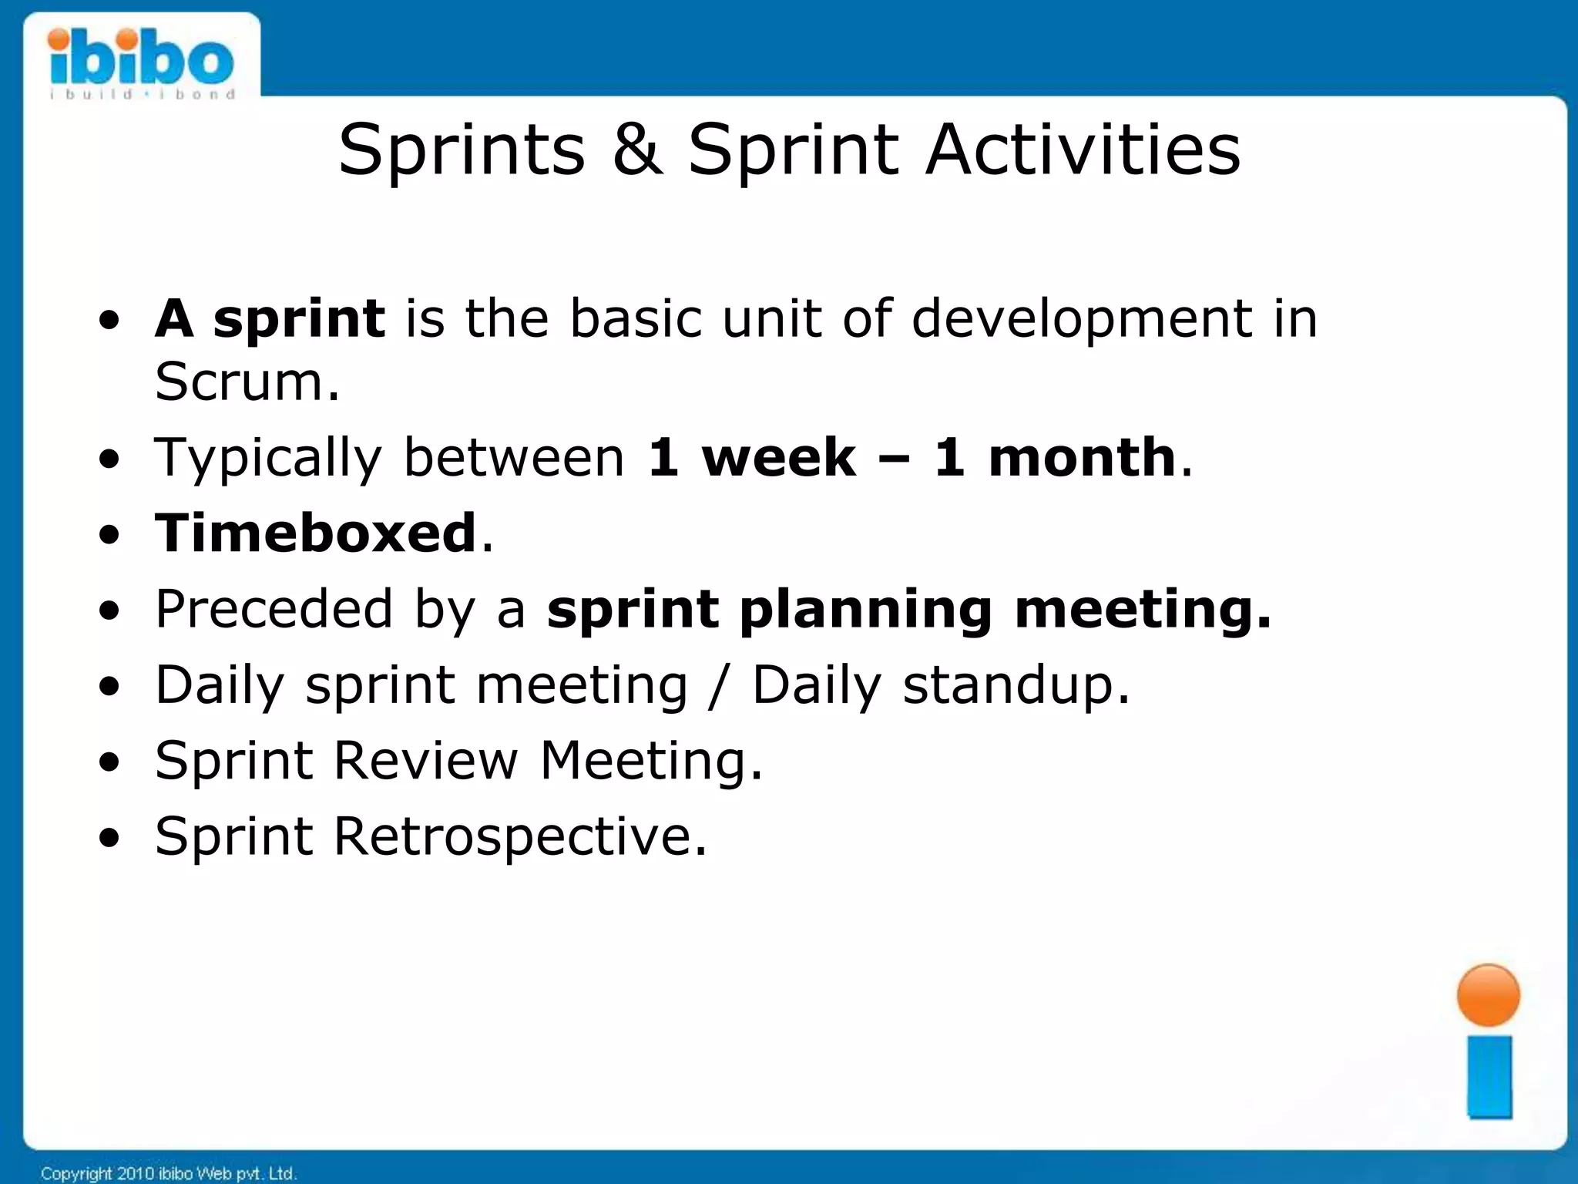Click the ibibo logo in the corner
click(141, 62)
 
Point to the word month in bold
click(1081, 457)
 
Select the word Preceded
click(274, 609)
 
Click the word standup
click(1016, 685)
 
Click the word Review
click(426, 761)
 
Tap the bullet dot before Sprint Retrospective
click(109, 838)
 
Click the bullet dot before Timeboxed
click(109, 534)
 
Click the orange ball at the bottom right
click(1488, 995)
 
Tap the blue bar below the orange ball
click(1489, 1076)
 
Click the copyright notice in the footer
click(168, 1173)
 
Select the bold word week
click(778, 457)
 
